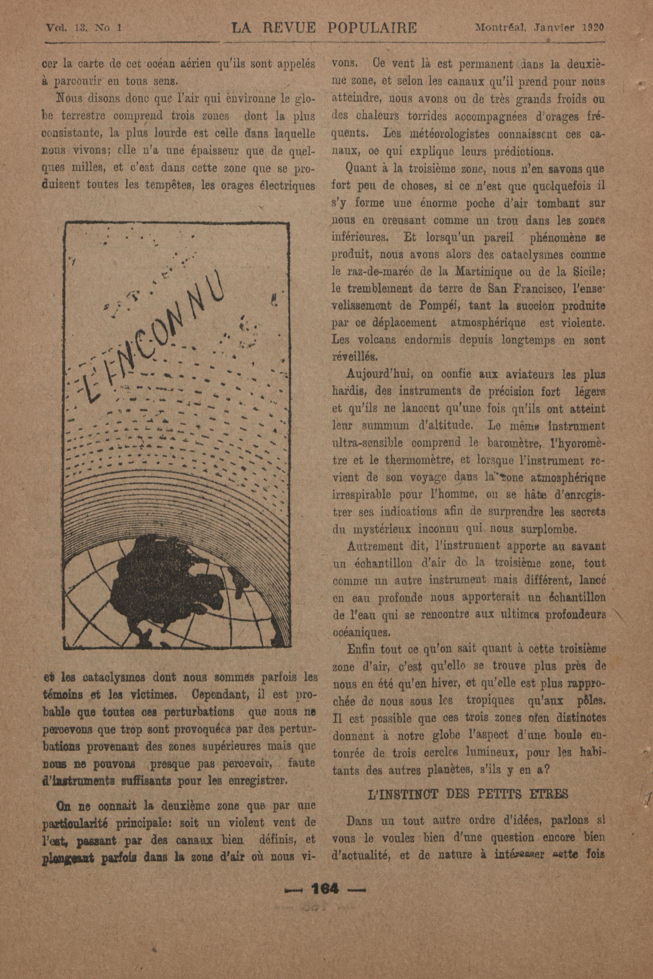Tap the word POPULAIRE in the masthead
372,28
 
